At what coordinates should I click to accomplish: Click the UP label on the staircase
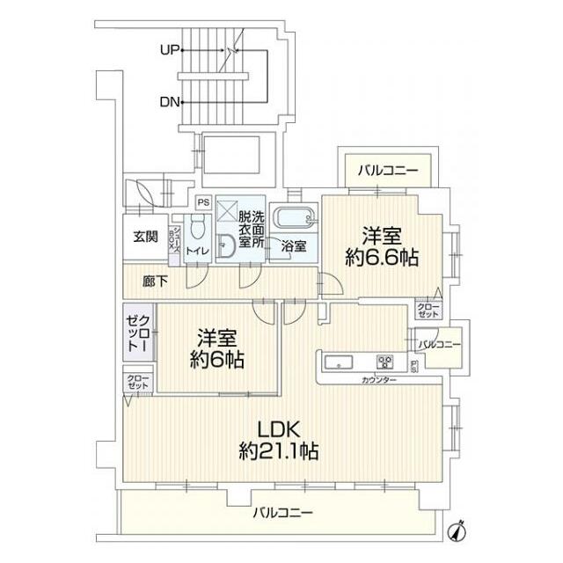pos(170,50)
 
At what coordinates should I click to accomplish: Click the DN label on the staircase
pos(170,102)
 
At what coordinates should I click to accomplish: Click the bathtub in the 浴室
pos(294,217)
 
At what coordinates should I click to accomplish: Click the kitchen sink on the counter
pos(340,362)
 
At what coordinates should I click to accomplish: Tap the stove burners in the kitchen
pos(385,362)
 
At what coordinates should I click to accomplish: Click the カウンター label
pos(378,379)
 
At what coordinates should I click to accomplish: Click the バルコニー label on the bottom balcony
pos(283,512)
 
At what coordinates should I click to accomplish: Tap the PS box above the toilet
pos(202,201)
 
